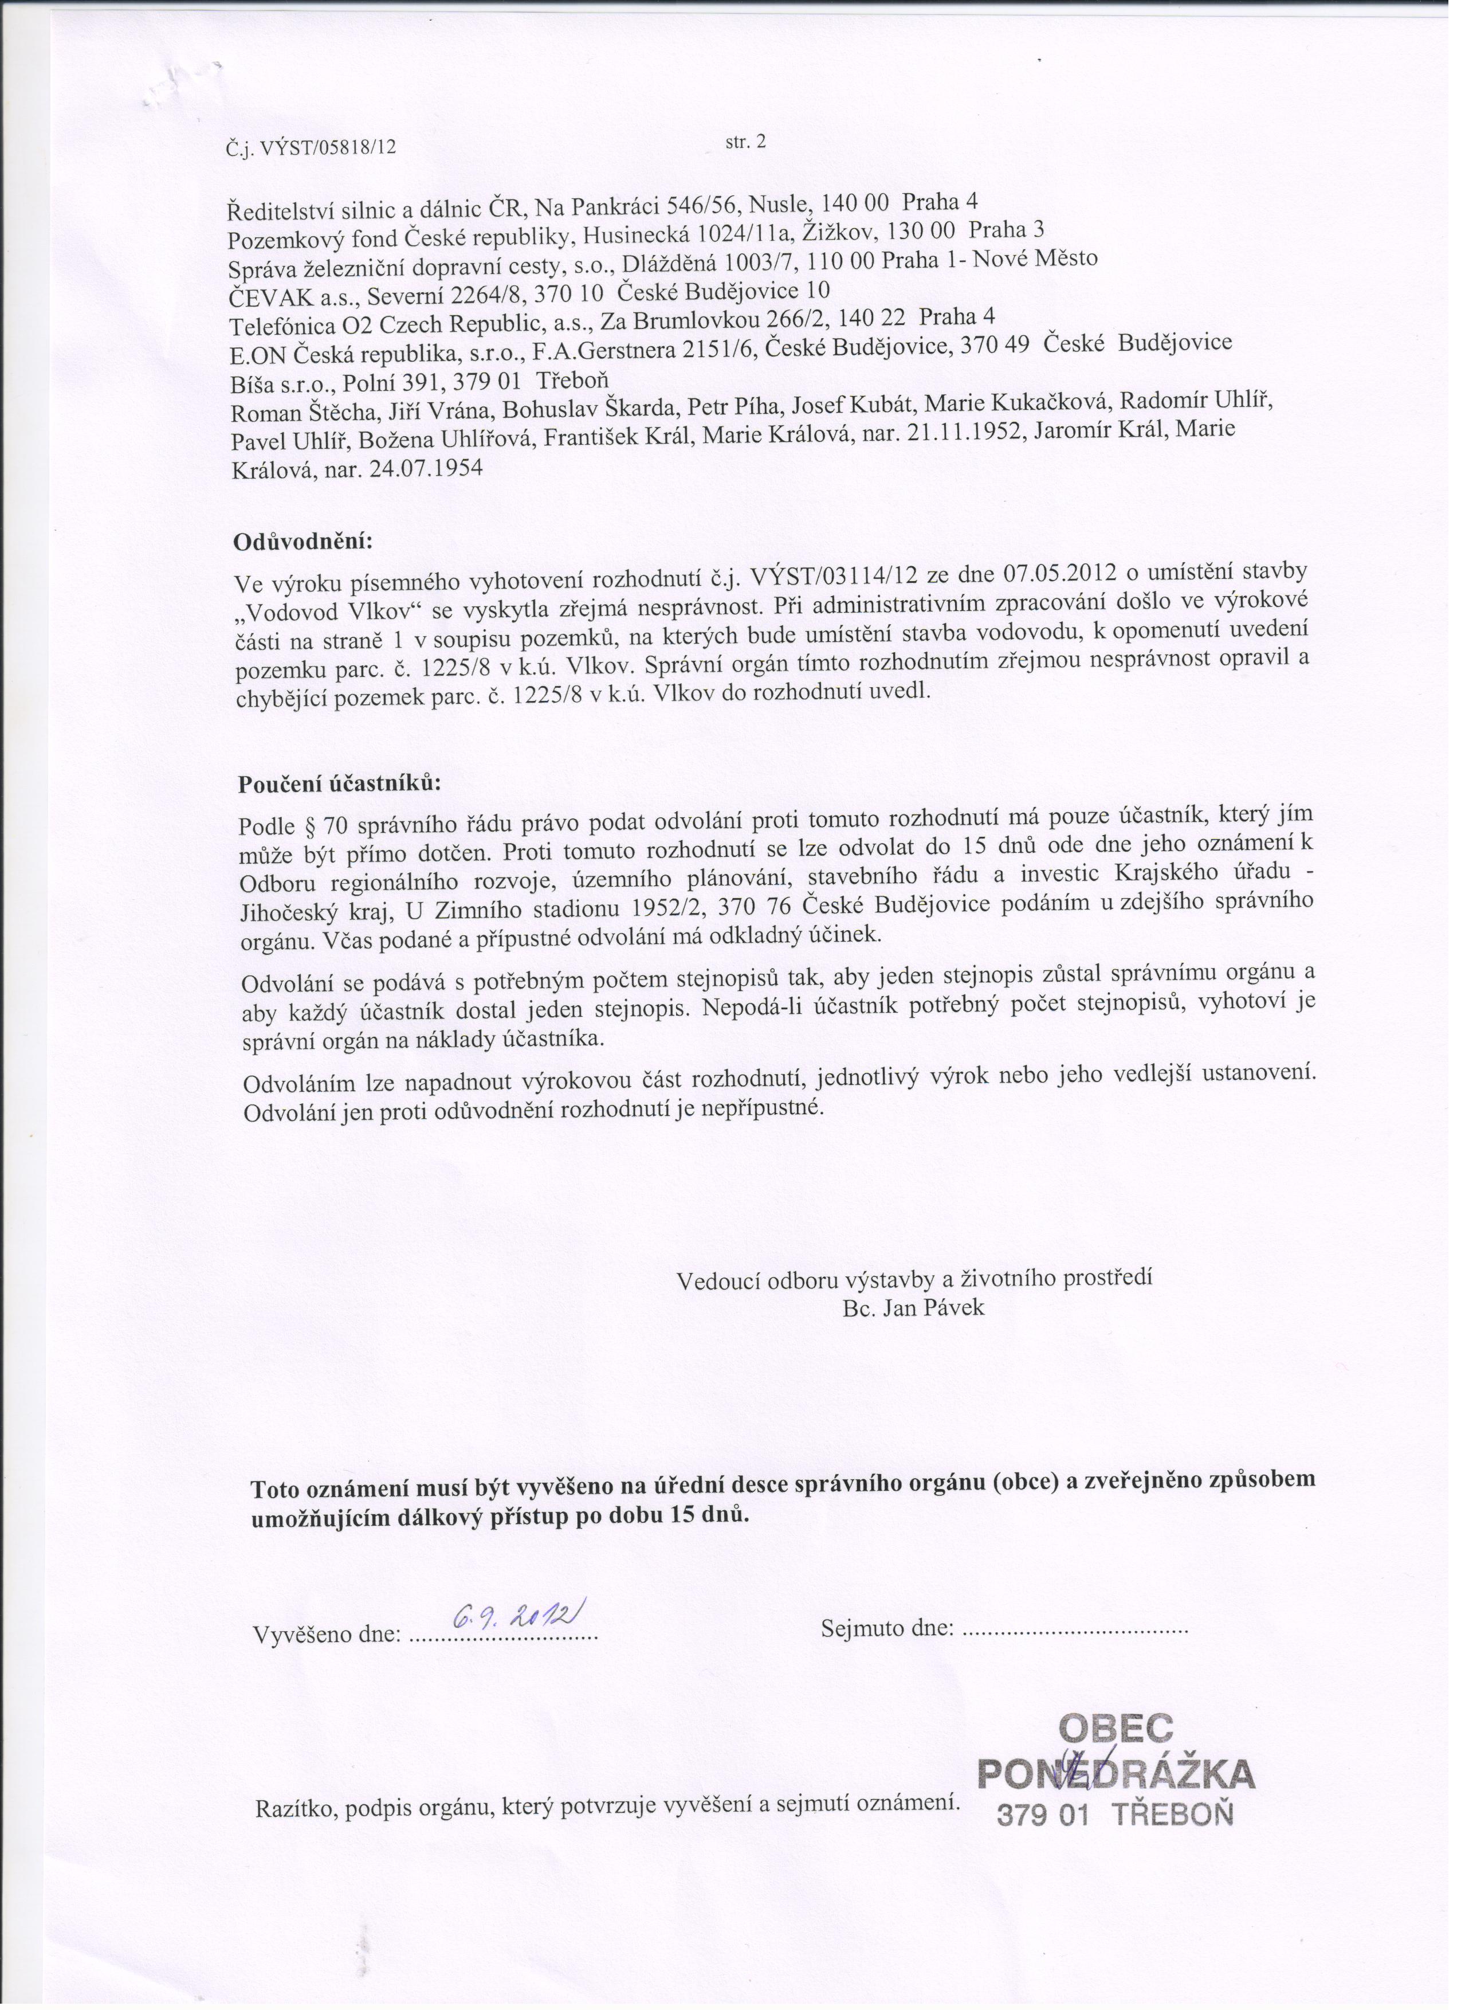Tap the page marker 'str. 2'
(x=744, y=141)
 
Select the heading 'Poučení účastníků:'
(x=339, y=785)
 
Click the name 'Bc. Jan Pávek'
(x=913, y=1308)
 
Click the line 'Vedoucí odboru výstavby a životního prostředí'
(x=914, y=1280)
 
